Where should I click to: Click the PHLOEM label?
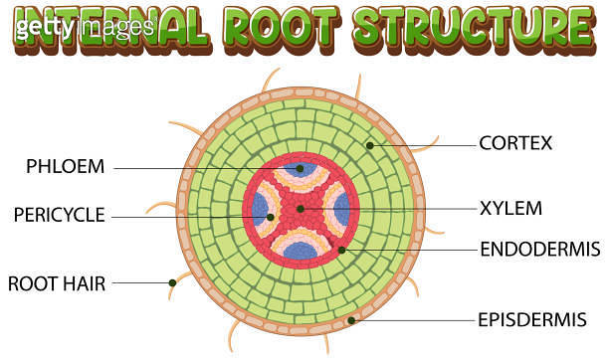65,166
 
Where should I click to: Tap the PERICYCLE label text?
59,214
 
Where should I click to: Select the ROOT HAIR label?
57,282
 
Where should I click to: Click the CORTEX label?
514,143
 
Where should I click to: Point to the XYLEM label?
510,209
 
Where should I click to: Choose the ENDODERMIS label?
539,248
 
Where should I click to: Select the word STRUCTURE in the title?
469,26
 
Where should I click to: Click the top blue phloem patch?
301,171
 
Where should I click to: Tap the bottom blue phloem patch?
301,249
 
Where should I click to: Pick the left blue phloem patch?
261,210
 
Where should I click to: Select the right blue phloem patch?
341,210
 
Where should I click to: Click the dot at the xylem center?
301,209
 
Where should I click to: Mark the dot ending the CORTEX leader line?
369,145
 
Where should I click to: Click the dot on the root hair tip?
172,282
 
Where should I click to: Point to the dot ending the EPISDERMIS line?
351,320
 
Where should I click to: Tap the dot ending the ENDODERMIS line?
341,249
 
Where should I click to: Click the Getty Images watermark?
84,27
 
